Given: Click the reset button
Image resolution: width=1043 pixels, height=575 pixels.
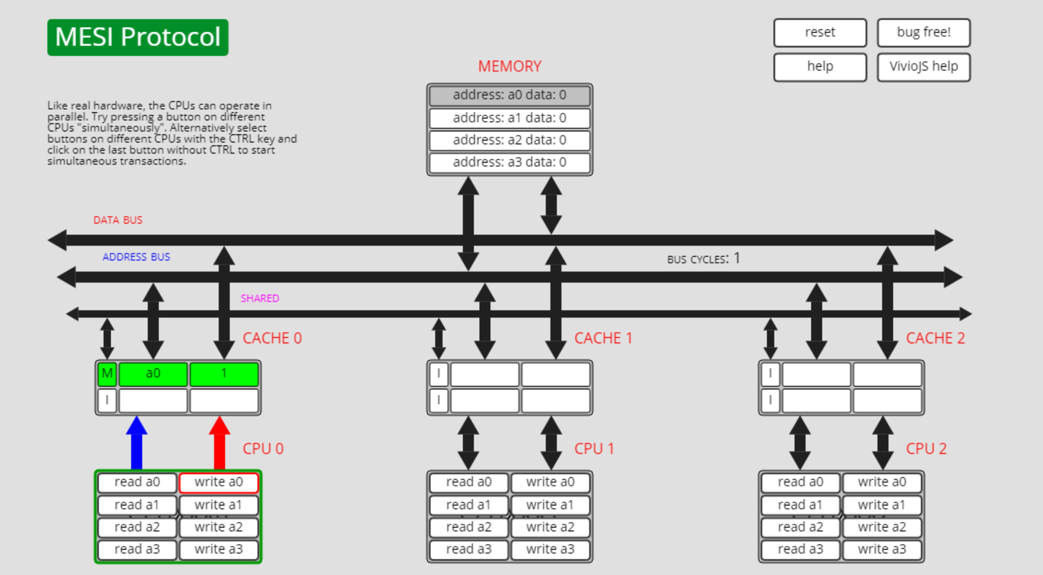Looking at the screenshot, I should [819, 33].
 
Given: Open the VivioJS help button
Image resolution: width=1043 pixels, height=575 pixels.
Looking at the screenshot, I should [923, 66].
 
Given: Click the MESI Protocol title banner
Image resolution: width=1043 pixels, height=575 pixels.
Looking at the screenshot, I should [138, 37].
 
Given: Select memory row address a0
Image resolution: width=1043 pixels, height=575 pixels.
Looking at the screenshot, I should [509, 95].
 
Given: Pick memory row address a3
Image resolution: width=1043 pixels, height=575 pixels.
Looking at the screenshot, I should [509, 162].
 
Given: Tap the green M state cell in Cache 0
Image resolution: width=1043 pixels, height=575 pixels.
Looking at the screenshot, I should [107, 374].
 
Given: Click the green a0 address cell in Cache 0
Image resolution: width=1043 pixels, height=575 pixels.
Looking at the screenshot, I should [153, 374].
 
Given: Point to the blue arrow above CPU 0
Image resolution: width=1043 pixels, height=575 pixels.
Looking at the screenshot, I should [136, 443].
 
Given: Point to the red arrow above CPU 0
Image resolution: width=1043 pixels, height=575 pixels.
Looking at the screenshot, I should [219, 443].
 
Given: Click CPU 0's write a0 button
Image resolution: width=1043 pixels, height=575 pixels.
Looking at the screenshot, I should [218, 482].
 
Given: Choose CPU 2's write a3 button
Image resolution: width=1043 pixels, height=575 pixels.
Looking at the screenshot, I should [881, 549].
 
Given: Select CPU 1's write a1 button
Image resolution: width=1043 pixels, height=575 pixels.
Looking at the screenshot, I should [550, 505].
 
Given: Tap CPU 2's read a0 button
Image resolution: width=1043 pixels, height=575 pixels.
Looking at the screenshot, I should [800, 482].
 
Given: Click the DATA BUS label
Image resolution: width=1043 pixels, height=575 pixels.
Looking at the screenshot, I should [118, 220].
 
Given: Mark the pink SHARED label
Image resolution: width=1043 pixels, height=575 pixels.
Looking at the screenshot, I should [259, 298].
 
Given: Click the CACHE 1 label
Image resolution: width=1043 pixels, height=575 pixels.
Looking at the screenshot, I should [603, 338].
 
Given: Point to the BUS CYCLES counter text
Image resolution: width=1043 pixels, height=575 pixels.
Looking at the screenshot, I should [703, 259].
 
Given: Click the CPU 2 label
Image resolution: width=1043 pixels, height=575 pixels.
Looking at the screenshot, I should [926, 448].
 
